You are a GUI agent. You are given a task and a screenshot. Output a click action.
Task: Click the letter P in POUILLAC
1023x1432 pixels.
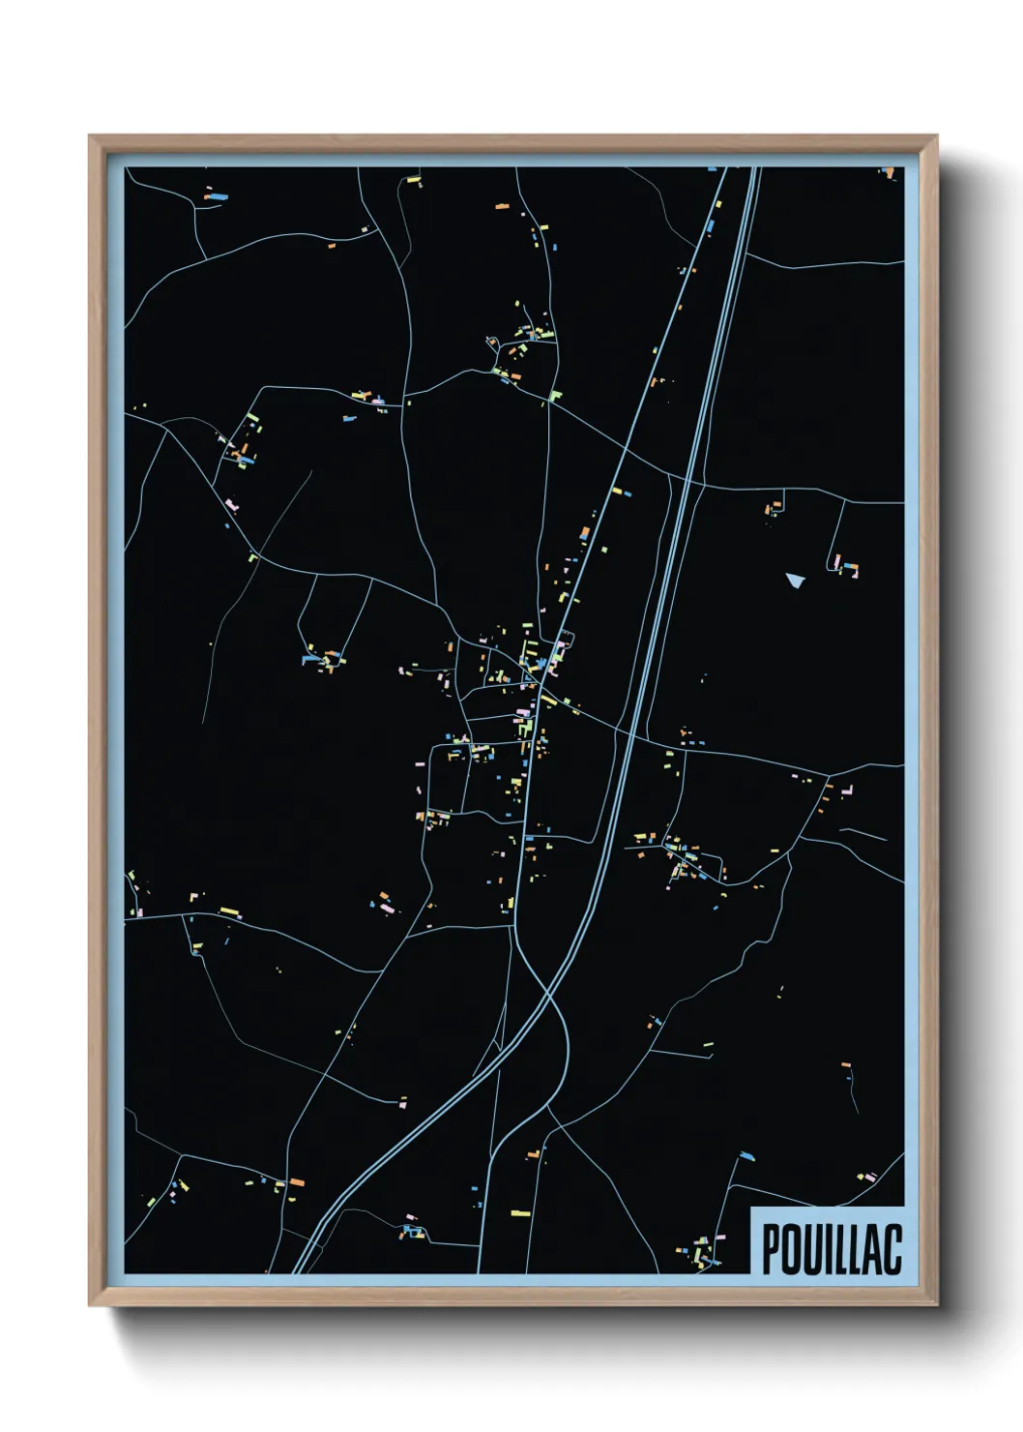pos(772,1249)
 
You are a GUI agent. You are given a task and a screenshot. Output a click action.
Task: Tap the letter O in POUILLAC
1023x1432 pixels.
pos(793,1249)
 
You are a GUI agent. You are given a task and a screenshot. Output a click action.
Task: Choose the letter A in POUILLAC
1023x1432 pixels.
pos(874,1249)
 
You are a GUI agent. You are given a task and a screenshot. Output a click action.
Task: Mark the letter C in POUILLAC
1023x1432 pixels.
pos(894,1249)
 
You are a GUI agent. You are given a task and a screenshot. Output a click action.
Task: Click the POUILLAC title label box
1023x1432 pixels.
pos(828,1241)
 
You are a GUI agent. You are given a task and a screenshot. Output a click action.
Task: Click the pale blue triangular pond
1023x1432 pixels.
pos(795,580)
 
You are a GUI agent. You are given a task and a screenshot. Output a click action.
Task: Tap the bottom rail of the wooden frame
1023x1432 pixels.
pos(512,1298)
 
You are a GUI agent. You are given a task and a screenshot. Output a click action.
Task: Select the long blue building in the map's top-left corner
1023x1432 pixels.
pos(218,197)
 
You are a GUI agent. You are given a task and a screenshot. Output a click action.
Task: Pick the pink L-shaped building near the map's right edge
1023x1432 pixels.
pos(847,791)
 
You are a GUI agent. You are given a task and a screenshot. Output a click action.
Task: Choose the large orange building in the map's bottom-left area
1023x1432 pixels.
pos(297,1182)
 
